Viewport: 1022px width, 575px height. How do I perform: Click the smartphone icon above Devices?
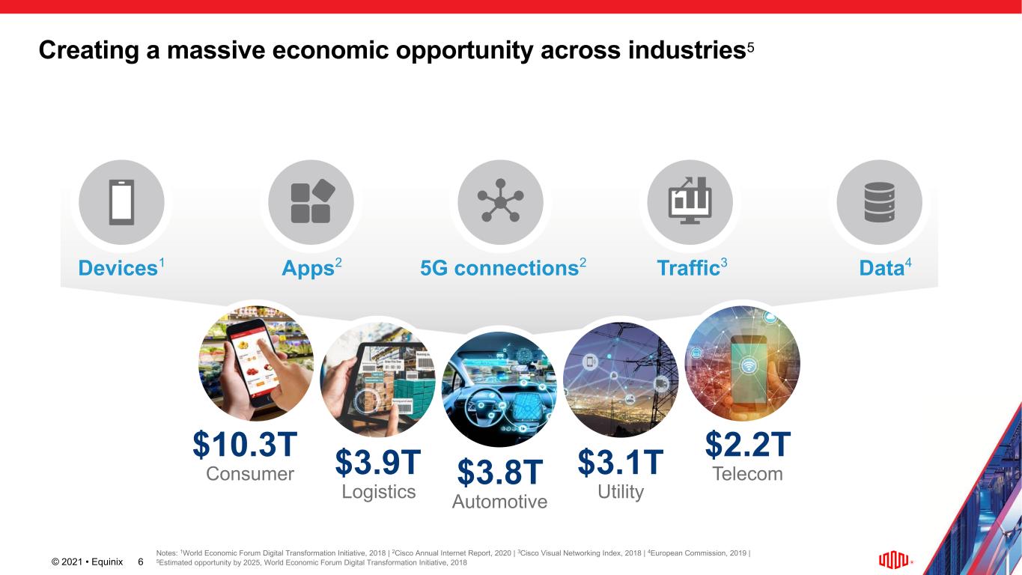(121, 202)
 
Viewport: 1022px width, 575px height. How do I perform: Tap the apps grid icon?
(313, 201)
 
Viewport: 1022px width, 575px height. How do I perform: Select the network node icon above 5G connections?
(500, 201)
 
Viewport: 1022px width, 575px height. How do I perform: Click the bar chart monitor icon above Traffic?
(690, 201)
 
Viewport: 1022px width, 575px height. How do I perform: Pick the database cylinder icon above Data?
(879, 202)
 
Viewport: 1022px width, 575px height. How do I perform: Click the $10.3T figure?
(245, 444)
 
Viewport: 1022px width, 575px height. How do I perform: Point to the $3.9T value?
(378, 462)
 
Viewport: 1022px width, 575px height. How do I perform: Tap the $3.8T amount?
(500, 472)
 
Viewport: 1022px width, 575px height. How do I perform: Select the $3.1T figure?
(621, 462)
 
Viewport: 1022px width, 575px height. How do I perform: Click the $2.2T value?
(748, 444)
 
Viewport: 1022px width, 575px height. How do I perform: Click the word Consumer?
(250, 474)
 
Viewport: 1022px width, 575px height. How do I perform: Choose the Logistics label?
(379, 492)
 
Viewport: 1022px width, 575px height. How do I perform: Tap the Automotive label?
(499, 502)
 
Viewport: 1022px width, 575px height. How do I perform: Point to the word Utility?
(621, 492)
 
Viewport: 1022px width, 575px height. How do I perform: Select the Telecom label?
(748, 474)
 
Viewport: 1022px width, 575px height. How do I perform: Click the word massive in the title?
(216, 49)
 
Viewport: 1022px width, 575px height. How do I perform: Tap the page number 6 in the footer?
(141, 562)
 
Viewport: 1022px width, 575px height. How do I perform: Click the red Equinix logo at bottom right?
(894, 560)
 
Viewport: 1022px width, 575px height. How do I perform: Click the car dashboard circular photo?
(500, 389)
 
